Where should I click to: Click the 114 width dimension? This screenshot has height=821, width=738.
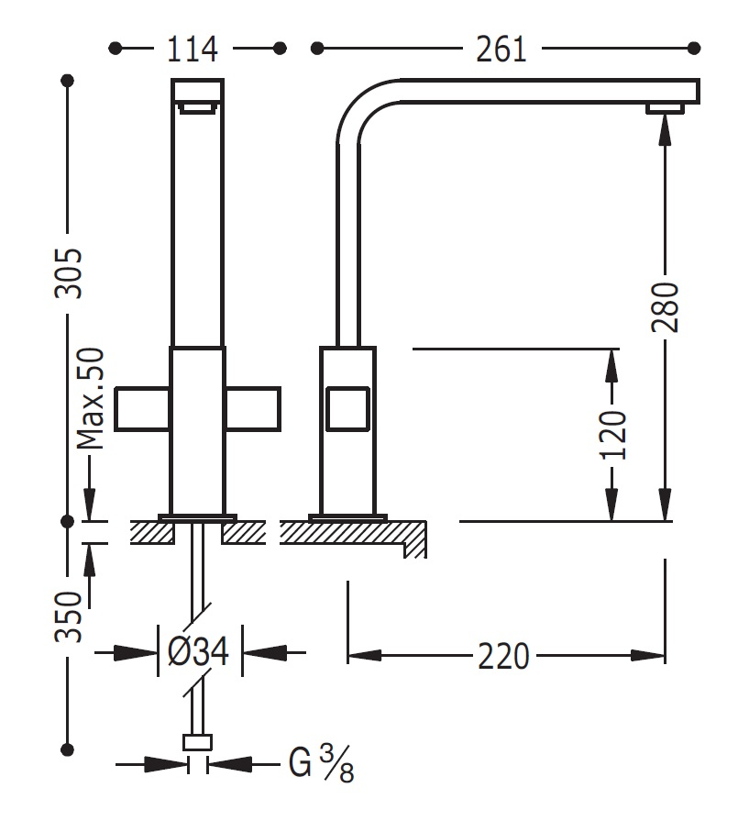coord(193,48)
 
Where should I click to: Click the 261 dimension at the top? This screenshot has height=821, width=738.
coord(501,48)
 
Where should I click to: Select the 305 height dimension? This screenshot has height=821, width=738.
coord(68,272)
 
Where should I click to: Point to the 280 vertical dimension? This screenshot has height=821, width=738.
coord(667,306)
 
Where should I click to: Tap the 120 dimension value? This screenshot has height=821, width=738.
coord(613,434)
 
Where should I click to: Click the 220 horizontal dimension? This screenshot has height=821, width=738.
coord(503,655)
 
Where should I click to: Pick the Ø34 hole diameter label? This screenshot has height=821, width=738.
coord(198,652)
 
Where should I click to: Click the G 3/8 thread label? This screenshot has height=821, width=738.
coord(321,763)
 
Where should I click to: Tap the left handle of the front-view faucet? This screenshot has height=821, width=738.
coord(143,409)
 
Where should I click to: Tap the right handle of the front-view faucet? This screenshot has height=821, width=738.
coord(252,409)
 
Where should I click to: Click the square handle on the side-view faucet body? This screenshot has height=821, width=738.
coord(347,409)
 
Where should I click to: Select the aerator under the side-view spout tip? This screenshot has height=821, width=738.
coord(666,109)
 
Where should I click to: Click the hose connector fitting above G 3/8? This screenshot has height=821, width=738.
coord(198,743)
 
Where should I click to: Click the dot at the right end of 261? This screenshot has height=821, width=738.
coord(695,47)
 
